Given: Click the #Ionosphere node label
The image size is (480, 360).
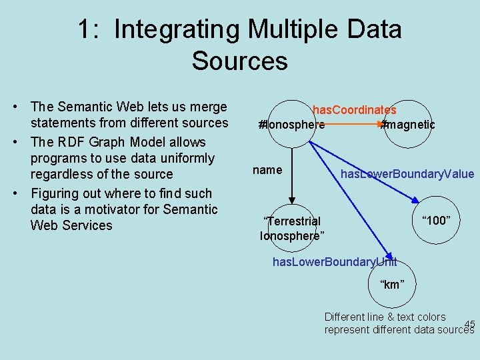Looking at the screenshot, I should [x=292, y=125].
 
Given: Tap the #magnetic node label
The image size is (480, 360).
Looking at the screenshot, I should [x=407, y=125].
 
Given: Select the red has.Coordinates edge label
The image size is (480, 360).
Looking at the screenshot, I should [x=355, y=110].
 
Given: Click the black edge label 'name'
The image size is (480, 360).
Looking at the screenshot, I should [x=267, y=170].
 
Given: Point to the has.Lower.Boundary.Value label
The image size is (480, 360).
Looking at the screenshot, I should [x=407, y=175].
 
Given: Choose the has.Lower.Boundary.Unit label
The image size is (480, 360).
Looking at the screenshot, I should [x=335, y=262].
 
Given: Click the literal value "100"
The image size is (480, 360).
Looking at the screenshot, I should [x=437, y=221].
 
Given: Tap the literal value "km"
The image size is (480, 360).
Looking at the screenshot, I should [x=391, y=285].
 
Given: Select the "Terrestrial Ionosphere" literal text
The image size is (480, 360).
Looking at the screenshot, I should [x=292, y=228].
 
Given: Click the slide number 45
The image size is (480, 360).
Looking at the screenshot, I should [x=469, y=325].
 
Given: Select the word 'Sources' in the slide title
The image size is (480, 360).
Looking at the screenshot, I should [x=239, y=61].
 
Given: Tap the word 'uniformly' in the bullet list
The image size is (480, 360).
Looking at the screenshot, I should [x=185, y=158].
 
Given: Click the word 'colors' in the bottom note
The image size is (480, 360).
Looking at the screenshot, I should [x=431, y=317].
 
